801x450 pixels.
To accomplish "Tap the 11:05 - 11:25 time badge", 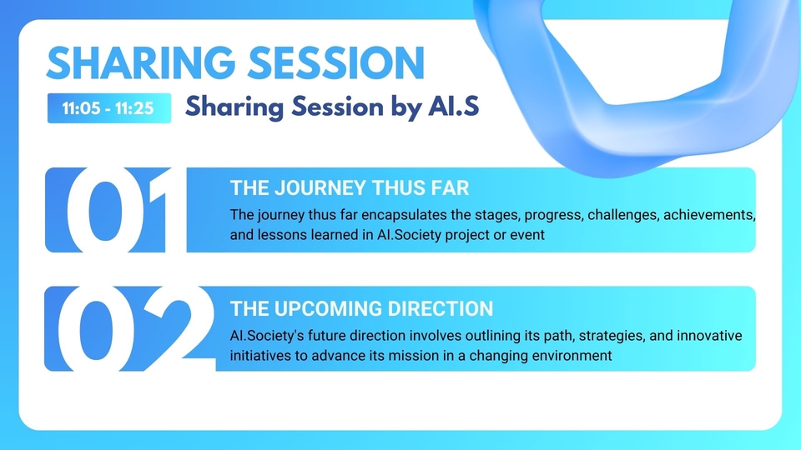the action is click(x=109, y=108).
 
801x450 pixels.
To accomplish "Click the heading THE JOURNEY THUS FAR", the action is click(x=350, y=188).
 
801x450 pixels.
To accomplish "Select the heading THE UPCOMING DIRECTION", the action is click(x=361, y=308).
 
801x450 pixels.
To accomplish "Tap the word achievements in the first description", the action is click(x=709, y=215).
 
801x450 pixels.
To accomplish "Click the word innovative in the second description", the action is click(x=709, y=336).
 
